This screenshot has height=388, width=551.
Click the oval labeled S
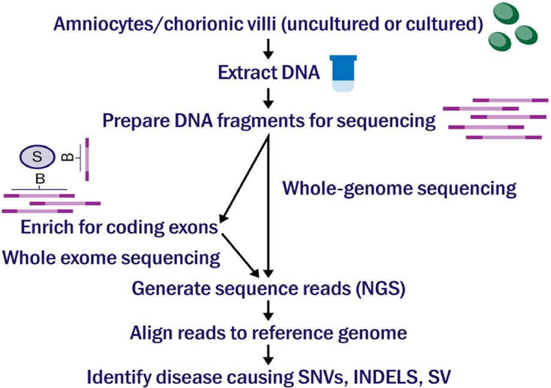[37, 158]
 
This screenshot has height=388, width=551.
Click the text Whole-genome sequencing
[399, 189]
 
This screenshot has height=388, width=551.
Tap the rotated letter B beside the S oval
[68, 158]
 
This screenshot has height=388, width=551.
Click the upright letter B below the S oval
[40, 179]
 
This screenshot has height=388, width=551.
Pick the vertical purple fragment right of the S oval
[87, 160]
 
